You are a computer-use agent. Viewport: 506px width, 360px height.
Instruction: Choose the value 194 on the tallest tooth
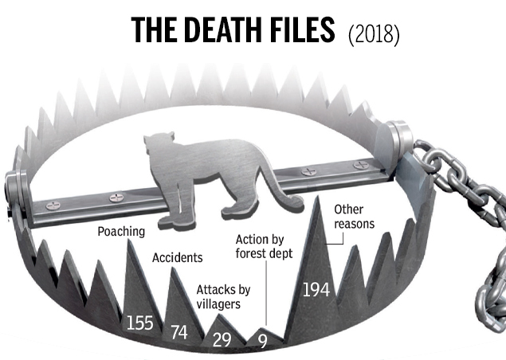point(317,291)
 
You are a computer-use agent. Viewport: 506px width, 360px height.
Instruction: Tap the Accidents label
point(177,257)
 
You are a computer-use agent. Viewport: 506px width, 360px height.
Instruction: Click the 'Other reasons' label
point(354,216)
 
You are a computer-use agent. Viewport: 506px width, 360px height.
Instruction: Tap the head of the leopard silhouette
point(153,146)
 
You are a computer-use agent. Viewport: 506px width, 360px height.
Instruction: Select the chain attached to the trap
point(470,207)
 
